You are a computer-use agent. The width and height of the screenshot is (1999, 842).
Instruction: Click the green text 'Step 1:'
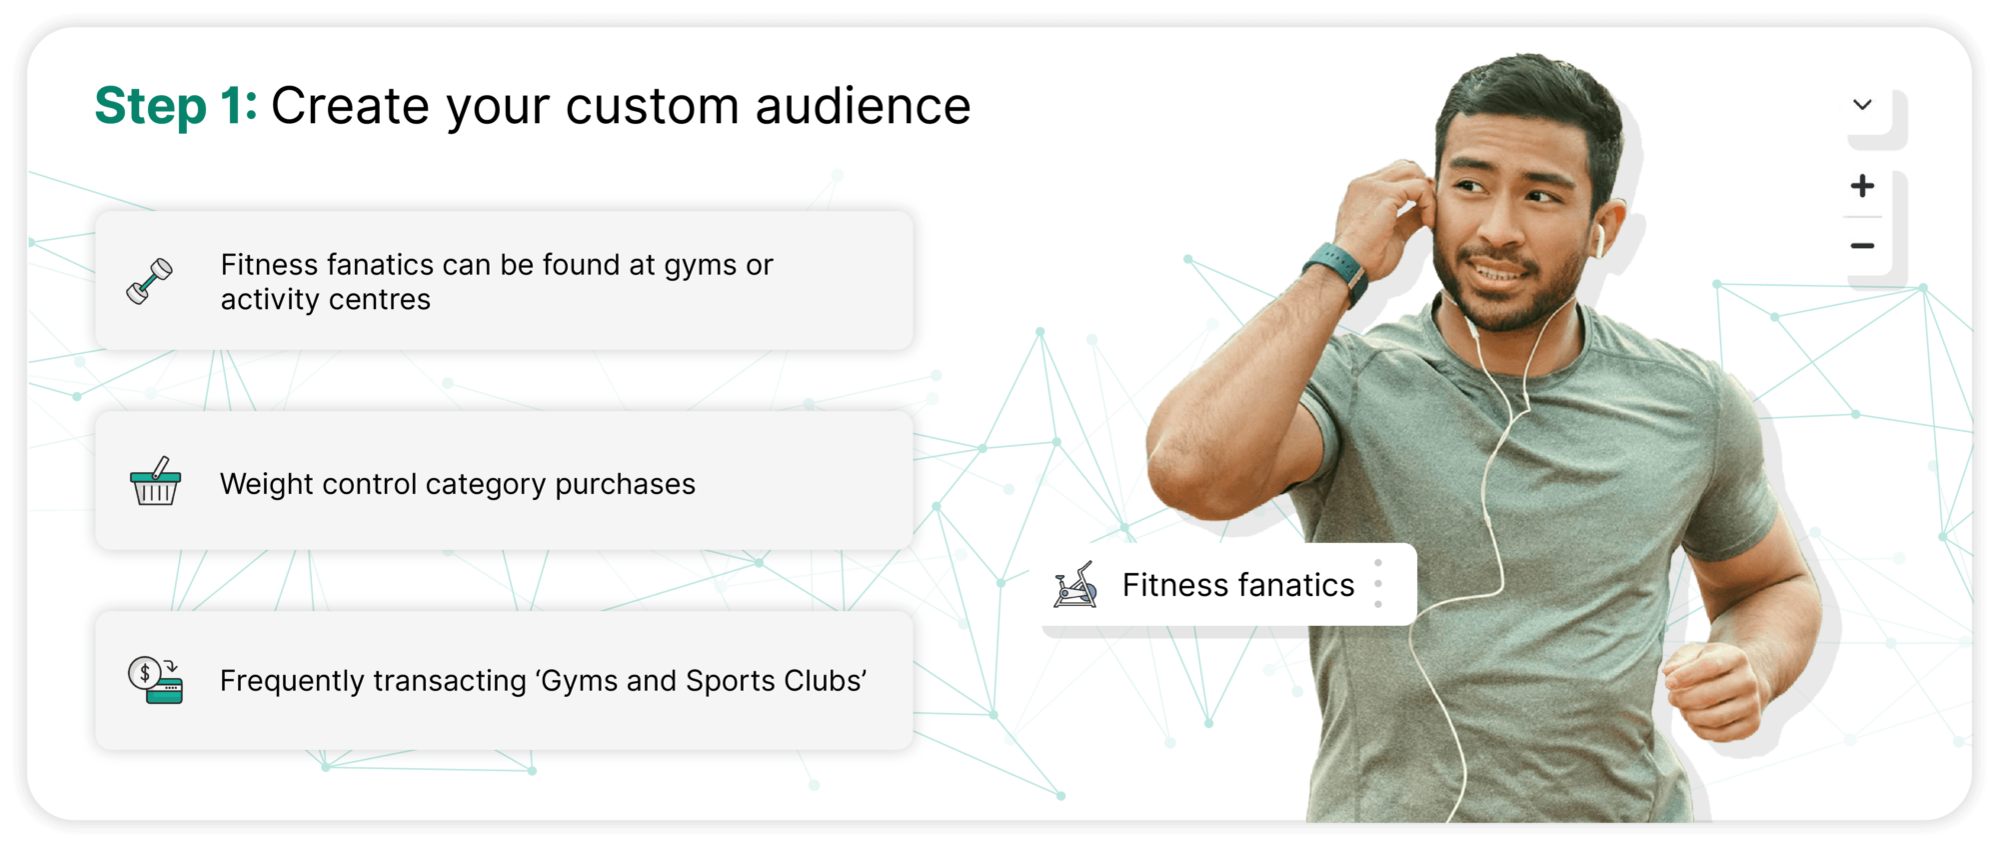[176, 107]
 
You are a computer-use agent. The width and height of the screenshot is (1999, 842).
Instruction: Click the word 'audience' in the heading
[863, 106]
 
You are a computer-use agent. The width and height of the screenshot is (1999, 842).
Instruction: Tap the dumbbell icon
[150, 281]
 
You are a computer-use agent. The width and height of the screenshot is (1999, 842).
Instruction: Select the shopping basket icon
[155, 481]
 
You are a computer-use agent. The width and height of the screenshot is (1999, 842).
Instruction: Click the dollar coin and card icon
[155, 680]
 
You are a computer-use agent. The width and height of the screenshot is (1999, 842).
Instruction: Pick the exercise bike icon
[1075, 585]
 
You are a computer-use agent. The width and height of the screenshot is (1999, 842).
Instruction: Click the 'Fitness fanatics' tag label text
[1238, 585]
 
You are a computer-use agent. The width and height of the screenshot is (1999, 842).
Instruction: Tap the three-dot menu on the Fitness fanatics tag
[1378, 584]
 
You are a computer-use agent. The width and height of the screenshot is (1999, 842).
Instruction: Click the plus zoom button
[1862, 186]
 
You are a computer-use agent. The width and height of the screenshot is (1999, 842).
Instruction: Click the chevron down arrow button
[1862, 105]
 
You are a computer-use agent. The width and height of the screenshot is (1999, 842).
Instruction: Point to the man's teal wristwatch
[1337, 270]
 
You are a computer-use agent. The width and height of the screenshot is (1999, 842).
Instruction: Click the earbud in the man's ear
[1598, 240]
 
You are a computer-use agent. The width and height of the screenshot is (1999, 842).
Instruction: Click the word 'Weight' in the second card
[264, 485]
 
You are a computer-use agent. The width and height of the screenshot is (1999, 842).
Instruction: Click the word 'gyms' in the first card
[701, 266]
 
